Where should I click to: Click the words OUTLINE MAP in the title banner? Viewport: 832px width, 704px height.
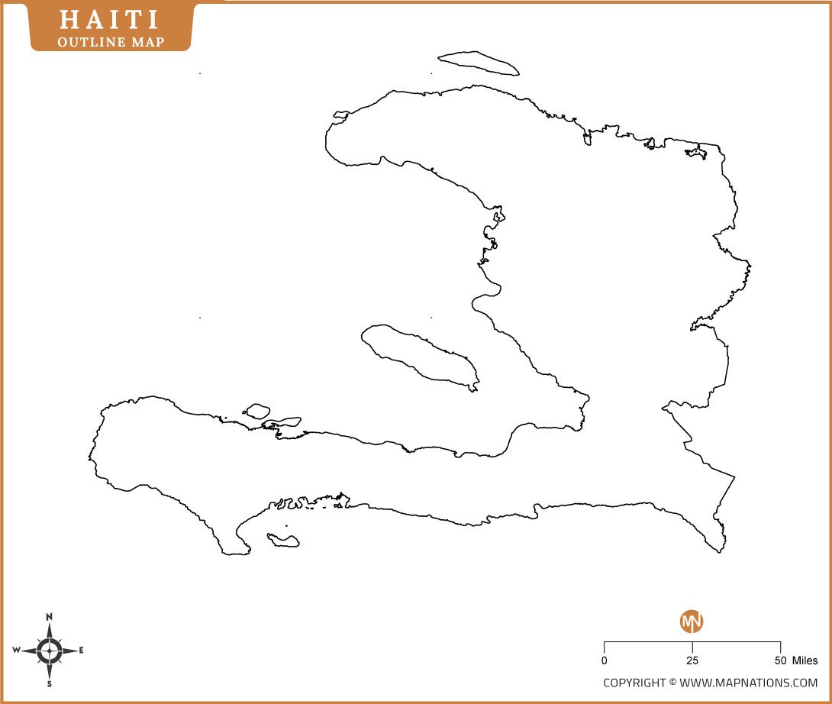pos(111,41)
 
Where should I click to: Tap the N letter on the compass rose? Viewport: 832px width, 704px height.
pos(50,616)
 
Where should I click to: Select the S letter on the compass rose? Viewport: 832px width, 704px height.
pos(50,684)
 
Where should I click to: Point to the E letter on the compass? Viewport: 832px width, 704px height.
pos(82,651)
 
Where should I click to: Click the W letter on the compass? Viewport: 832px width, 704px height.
pos(16,651)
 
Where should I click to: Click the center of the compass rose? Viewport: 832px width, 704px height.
pos(50,651)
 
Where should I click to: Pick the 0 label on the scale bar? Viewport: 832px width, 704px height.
pos(605,660)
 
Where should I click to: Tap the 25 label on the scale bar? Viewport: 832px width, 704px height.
pos(692,660)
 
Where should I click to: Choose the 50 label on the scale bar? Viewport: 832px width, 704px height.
pos(780,660)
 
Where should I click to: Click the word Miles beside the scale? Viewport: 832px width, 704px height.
pos(805,660)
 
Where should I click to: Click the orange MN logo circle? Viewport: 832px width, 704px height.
pos(692,622)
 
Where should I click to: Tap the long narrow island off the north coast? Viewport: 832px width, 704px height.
pos(479,63)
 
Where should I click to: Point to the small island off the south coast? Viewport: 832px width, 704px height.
pos(282,540)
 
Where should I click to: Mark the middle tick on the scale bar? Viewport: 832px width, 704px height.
pos(692,647)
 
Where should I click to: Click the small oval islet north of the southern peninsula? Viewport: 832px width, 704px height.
pos(257,411)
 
